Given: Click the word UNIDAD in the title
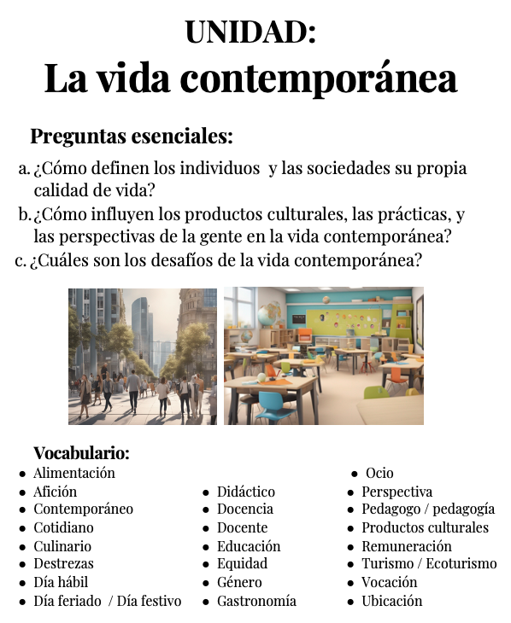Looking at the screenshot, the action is pos(250,32).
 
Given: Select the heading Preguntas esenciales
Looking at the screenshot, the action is pos(132,137).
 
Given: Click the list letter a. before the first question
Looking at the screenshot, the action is pos(24,169).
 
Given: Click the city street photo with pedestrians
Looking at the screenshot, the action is pos(143,356).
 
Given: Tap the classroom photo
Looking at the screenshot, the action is pos(323,356).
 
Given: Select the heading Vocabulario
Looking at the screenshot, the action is pos(81,453).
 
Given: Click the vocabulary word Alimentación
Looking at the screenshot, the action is pos(73,473).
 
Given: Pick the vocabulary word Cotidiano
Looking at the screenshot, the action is pos(63,527).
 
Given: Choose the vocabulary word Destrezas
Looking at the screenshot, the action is pos(63,563).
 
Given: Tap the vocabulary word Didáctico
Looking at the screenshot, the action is pos(246,492).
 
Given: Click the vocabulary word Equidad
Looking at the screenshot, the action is pos(242,563).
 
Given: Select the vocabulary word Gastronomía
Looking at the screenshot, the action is pos(256,601).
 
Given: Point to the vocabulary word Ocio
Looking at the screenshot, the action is pos(379,473).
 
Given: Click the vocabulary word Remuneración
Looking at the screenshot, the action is pos(407,546).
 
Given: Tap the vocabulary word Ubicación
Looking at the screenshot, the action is pos(392,601).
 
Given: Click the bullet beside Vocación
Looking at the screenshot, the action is pos(351,583).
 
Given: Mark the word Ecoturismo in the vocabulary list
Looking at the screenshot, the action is pos(461,564).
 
